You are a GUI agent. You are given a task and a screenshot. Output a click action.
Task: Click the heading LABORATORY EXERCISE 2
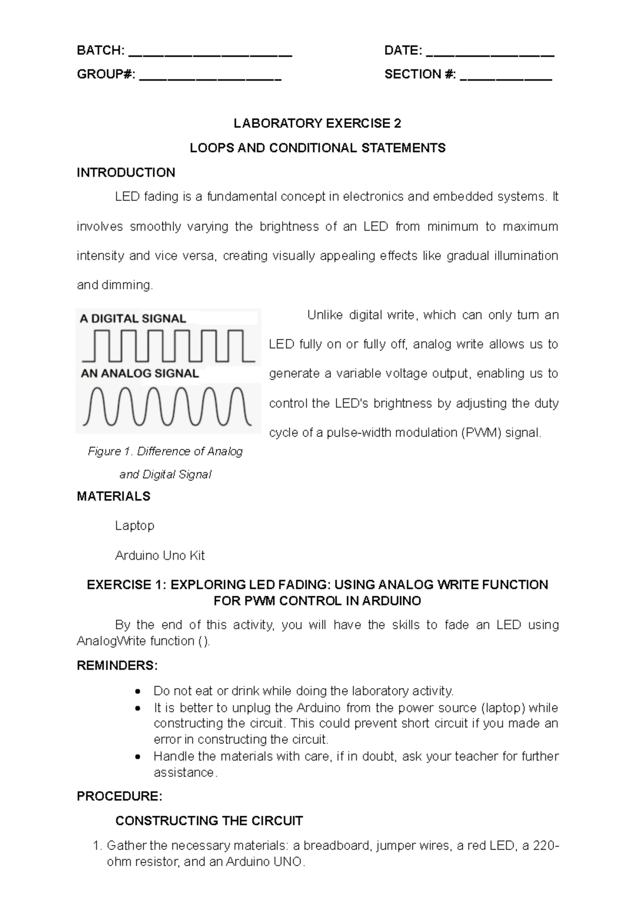(x=317, y=124)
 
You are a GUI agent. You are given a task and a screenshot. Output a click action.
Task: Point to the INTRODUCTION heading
(x=126, y=172)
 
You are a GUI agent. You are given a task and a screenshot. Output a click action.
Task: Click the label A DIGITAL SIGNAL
(x=132, y=319)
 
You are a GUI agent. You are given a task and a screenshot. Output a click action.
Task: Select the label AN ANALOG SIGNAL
(x=139, y=373)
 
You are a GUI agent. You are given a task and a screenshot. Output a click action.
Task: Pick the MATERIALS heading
(x=113, y=496)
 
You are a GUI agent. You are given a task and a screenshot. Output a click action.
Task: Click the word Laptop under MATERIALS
(x=135, y=525)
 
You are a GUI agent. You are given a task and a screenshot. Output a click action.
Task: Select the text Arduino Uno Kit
(x=160, y=556)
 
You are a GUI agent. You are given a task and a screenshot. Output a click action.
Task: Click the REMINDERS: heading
(x=117, y=665)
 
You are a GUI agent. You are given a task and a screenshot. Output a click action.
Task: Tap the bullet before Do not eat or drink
(x=138, y=692)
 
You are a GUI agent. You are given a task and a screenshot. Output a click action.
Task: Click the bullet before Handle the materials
(x=138, y=757)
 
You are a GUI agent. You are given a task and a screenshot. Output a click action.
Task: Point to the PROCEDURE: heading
(x=119, y=796)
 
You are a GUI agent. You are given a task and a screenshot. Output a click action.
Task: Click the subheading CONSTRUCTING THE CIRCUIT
(x=209, y=821)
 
